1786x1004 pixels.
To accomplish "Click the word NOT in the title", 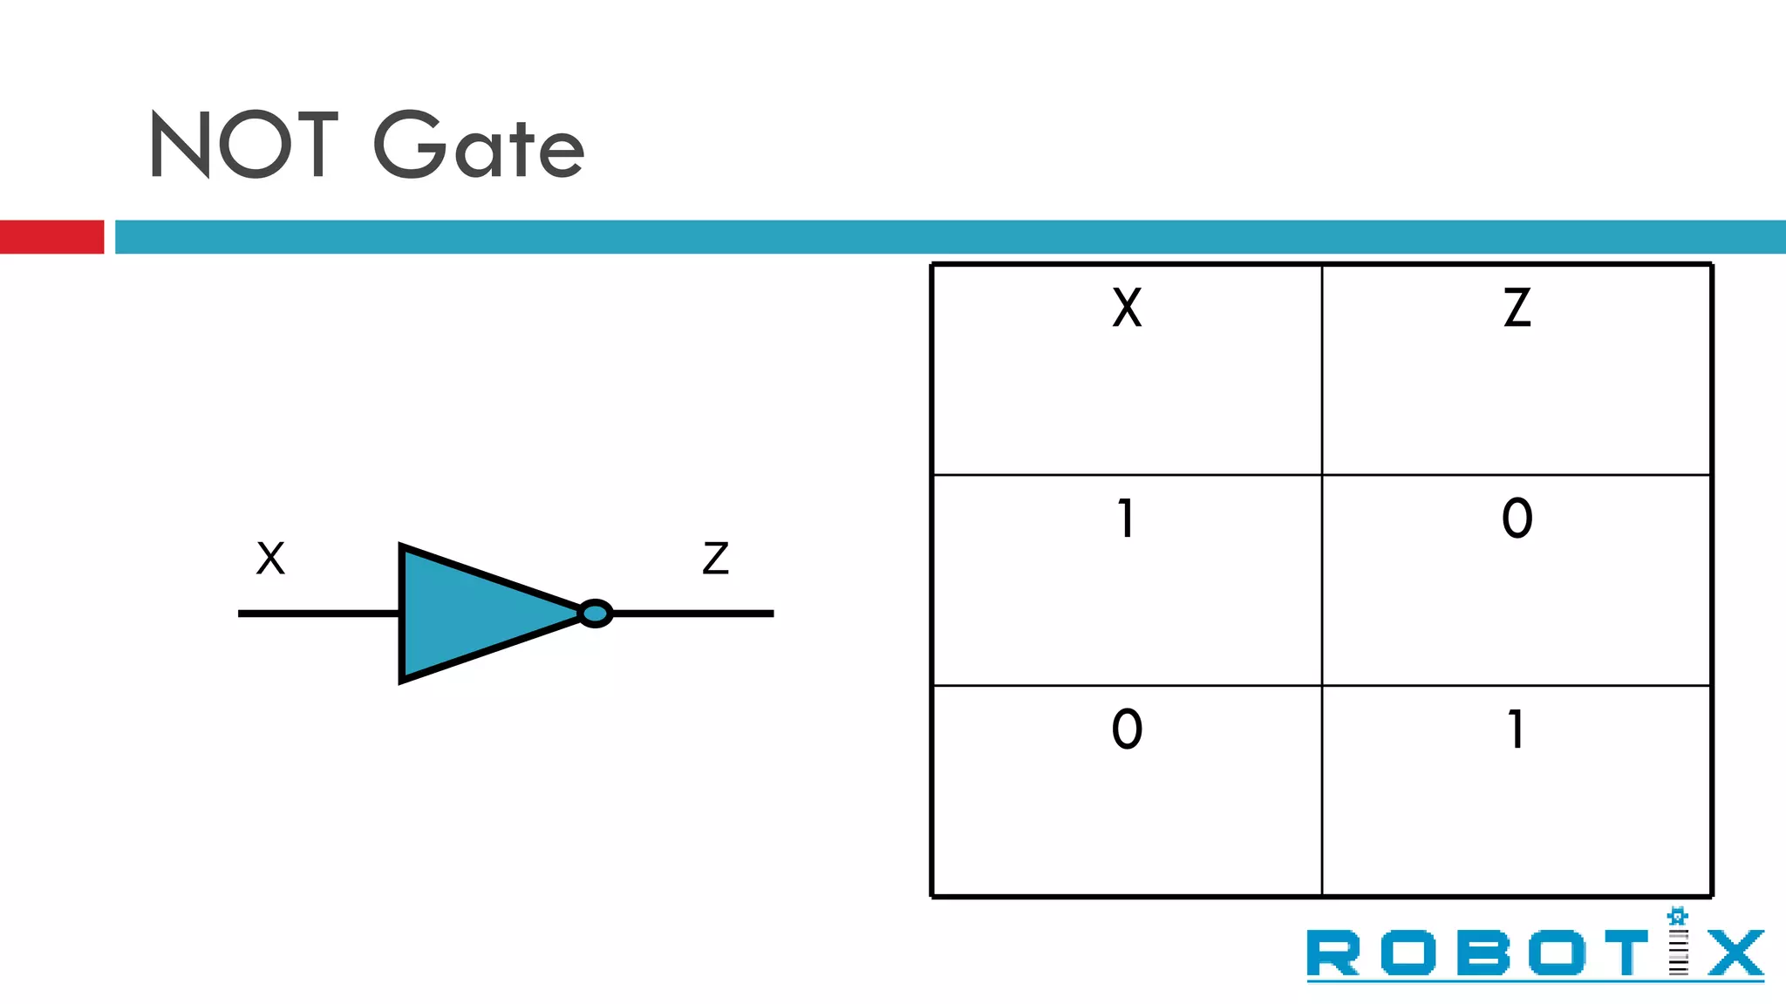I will click(x=243, y=145).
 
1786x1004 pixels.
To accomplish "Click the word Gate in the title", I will click(x=479, y=146).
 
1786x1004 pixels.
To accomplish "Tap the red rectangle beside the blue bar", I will click(x=51, y=236).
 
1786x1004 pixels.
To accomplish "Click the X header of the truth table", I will click(x=1127, y=308).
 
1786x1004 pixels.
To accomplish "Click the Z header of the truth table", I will click(x=1517, y=308).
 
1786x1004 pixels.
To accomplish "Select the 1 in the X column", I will click(x=1126, y=519).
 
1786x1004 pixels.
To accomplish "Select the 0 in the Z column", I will click(x=1517, y=519).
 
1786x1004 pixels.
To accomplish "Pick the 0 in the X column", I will click(x=1127, y=729).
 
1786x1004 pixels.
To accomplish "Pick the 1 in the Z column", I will click(x=1516, y=729).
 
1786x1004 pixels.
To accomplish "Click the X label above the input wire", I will click(x=270, y=559).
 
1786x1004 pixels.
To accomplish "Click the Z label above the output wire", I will click(x=715, y=559).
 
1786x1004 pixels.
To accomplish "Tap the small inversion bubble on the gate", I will click(x=595, y=614).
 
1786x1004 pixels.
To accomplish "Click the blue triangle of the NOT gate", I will click(x=471, y=614).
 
